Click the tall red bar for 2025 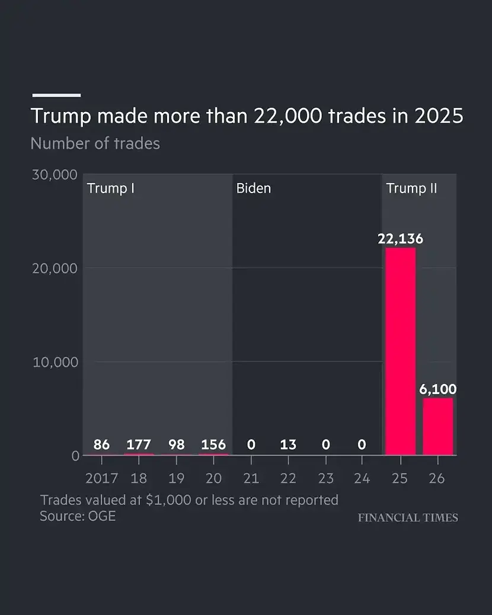401,351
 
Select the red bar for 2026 438,427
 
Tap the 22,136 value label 401,238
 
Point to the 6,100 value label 438,389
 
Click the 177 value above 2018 139,444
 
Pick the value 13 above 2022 288,444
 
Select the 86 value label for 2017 101,444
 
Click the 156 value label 213,444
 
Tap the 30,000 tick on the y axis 55,175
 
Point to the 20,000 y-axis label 55,268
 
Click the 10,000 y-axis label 55,362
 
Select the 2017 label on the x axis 101,478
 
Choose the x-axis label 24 362,478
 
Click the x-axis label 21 251,478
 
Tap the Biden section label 254,188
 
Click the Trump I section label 111,188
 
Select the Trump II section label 411,188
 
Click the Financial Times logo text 408,518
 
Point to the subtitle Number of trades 95,143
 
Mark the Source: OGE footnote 78,516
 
